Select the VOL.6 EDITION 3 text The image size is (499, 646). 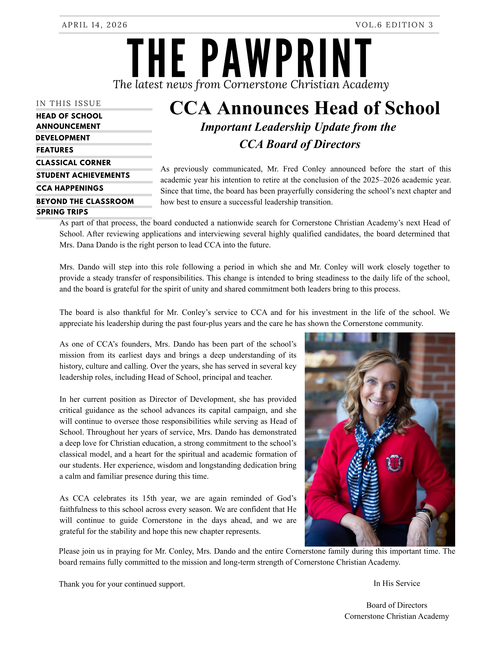[394, 25]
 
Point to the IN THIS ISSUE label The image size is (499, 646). [69, 103]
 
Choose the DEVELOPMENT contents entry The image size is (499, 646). [63, 138]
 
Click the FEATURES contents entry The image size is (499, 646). [55, 150]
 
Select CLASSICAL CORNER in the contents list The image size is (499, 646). [73, 163]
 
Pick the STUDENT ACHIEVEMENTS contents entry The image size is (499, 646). [83, 175]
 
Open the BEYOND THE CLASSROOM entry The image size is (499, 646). [85, 201]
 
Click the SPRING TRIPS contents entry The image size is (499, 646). [62, 212]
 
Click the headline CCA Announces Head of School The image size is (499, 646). [304, 108]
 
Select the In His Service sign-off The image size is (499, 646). [396, 583]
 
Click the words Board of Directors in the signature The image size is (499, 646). [396, 605]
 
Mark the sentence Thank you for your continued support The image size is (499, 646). [122, 584]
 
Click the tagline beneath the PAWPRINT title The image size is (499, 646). [251, 85]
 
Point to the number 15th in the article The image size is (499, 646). [149, 498]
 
